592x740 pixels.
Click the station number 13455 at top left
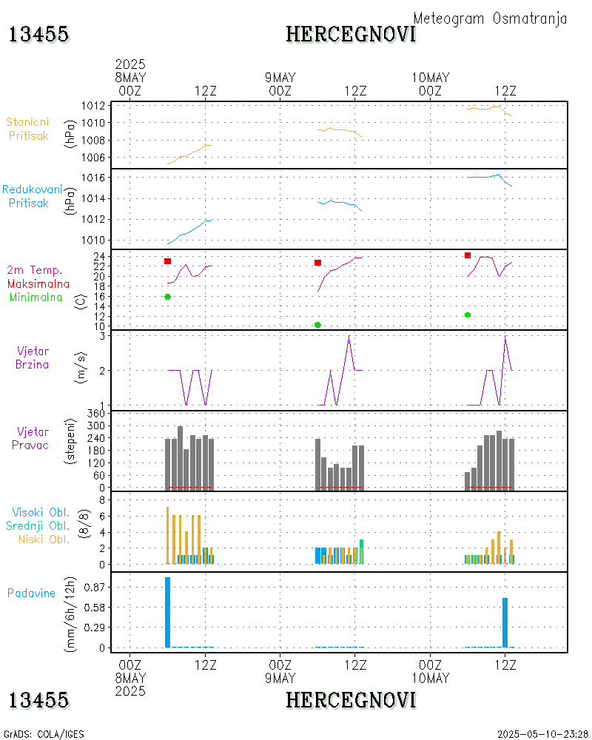[x=39, y=34]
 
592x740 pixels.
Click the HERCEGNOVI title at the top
[x=351, y=34]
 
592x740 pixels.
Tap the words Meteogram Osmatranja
[x=490, y=18]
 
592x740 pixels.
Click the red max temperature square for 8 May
[x=168, y=261]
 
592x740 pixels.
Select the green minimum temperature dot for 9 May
[x=317, y=325]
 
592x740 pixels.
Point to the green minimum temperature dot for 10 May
[x=468, y=314]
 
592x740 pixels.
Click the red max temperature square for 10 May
[x=468, y=255]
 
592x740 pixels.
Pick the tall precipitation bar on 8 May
[x=168, y=612]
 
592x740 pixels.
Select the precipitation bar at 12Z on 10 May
[x=505, y=622]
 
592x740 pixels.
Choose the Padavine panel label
[x=31, y=593]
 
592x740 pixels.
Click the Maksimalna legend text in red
[x=38, y=283]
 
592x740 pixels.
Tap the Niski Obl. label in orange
[x=41, y=539]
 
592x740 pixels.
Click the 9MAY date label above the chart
[x=280, y=78]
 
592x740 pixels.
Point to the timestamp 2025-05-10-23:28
[x=542, y=734]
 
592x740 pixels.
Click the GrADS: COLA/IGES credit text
[x=44, y=734]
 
